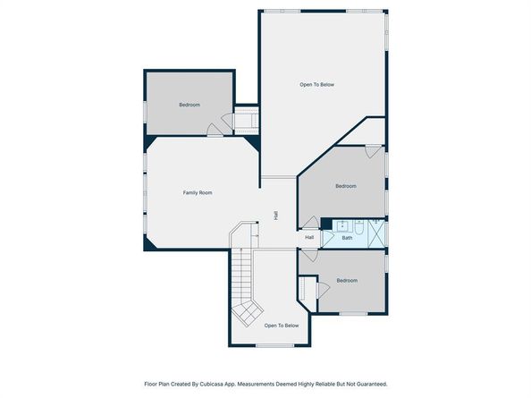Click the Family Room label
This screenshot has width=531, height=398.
point(198,193)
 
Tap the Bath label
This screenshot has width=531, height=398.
point(347,238)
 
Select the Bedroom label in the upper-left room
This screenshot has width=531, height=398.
point(190,106)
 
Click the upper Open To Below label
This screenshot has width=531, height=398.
point(316,84)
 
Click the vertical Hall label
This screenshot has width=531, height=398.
point(276,216)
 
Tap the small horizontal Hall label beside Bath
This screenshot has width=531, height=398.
point(309,237)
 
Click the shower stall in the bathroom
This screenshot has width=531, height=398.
point(375,234)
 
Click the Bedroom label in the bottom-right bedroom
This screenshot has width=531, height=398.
point(347,281)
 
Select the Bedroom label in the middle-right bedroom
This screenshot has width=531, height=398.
point(346,186)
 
